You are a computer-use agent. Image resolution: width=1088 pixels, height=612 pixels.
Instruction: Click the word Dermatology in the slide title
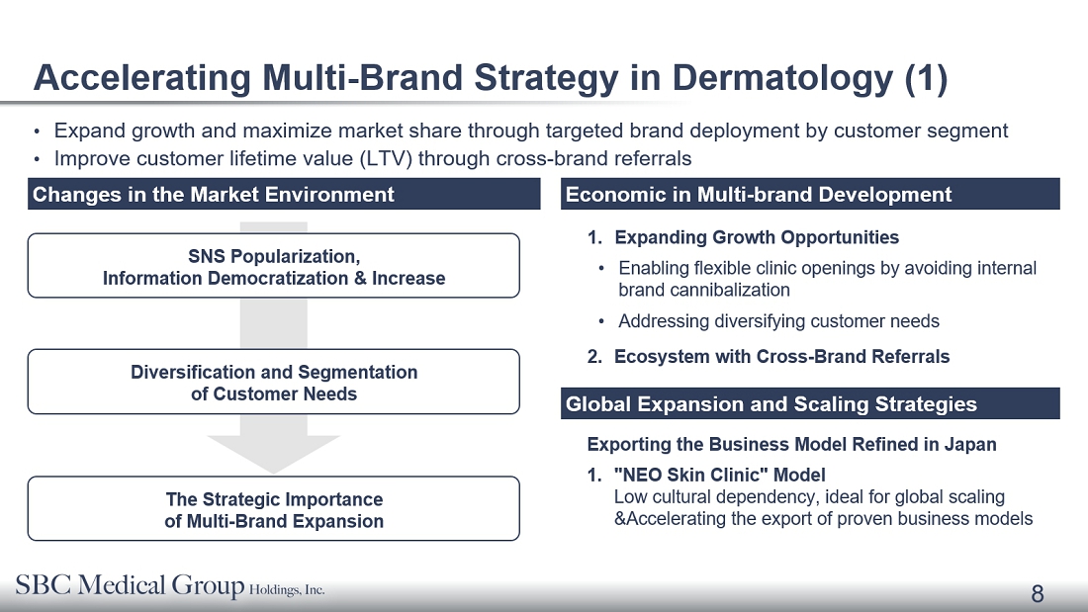tap(782, 78)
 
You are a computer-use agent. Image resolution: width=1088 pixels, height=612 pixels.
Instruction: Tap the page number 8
tap(1038, 594)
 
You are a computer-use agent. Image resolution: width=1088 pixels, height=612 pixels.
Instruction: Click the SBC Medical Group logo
tap(170, 585)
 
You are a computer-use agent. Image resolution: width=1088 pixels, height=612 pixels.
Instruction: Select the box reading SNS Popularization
tap(273, 266)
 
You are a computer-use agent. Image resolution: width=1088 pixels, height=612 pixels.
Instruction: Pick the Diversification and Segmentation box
tap(273, 382)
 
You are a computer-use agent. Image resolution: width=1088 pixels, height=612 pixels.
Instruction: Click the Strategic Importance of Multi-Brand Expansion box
tap(273, 508)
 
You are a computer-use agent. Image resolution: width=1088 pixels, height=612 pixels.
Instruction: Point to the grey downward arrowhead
tap(273, 455)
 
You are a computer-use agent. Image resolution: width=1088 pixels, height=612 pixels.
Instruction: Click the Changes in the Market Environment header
tap(284, 195)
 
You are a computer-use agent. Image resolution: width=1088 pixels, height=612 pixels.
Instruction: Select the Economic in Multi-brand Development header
tap(810, 195)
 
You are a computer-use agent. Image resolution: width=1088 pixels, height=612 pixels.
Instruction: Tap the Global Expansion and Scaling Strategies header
tap(810, 403)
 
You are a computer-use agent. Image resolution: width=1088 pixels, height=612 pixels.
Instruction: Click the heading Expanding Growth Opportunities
tap(757, 237)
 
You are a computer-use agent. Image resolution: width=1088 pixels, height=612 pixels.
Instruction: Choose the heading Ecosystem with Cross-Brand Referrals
tap(782, 357)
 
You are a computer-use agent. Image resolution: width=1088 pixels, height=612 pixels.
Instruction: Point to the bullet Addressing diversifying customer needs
tap(778, 321)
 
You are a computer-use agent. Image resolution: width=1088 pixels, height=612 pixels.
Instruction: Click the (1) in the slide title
tap(927, 78)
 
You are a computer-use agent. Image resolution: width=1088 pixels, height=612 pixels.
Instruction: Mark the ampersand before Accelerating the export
tap(619, 519)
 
